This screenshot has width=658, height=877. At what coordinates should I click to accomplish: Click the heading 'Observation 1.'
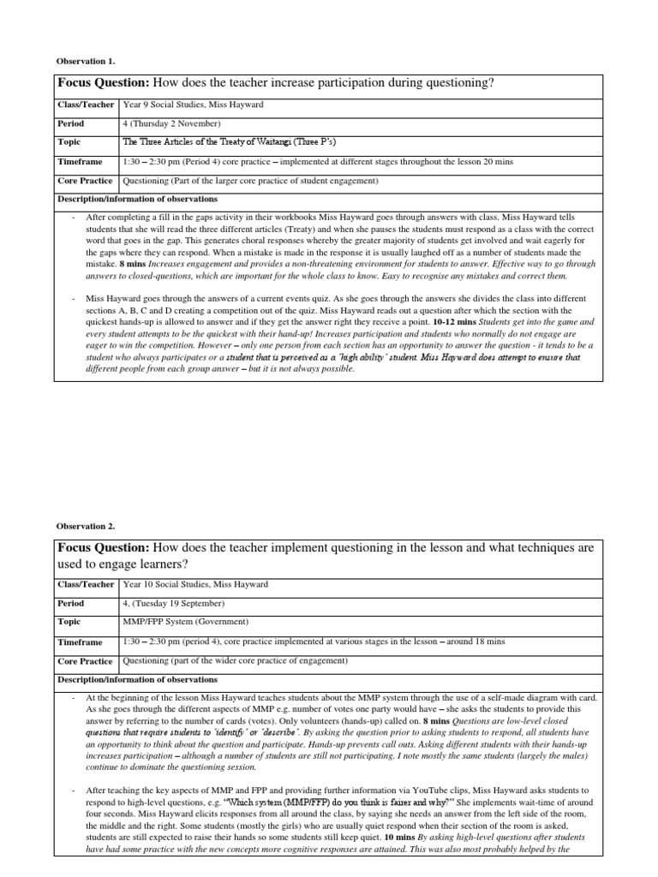click(x=85, y=61)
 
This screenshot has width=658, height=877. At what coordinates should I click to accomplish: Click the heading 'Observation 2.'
click(x=85, y=526)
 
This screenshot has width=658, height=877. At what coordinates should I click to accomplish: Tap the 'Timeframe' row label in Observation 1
click(x=80, y=161)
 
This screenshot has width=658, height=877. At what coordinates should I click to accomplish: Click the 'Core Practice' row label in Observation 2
click(x=85, y=661)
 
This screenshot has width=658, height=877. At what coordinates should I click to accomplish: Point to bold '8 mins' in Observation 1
click(x=134, y=265)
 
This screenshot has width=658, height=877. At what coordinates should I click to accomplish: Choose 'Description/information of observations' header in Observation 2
click(x=137, y=679)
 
